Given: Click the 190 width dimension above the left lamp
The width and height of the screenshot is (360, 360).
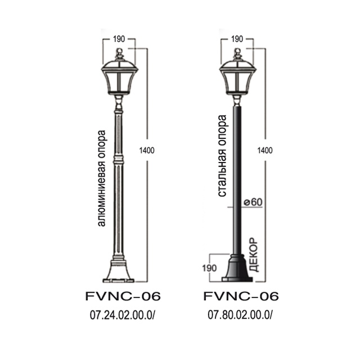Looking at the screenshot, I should [x=119, y=39].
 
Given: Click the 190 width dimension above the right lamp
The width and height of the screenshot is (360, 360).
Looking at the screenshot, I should [x=237, y=39].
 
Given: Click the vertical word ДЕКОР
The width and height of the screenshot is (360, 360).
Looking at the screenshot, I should [x=253, y=255].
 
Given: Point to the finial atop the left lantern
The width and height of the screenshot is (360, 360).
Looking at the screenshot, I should [x=119, y=54].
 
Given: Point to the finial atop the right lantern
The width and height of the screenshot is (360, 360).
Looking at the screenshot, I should [x=237, y=54].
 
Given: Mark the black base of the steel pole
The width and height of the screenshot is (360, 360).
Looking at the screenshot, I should [x=237, y=270].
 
